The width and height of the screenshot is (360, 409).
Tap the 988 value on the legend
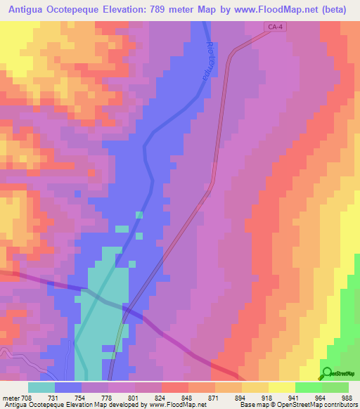346,397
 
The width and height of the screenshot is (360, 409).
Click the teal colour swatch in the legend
41,387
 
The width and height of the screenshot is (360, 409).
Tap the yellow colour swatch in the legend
281,387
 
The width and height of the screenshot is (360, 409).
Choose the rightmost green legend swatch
335,387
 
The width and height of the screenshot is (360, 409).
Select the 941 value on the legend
292,397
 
